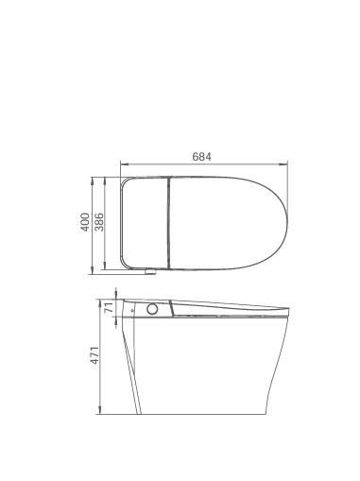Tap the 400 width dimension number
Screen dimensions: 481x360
[85, 223]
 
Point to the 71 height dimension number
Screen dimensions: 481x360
[110, 308]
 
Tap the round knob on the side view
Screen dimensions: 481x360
[151, 309]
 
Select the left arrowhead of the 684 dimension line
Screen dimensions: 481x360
[122, 164]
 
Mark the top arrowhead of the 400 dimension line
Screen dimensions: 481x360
[92, 178]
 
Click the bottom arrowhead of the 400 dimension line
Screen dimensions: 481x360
[92, 271]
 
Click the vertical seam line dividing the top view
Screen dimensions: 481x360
[167, 223]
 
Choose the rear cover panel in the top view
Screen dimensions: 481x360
[144, 223]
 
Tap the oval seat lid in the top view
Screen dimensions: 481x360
[227, 223]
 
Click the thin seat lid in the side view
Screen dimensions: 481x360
[231, 306]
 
